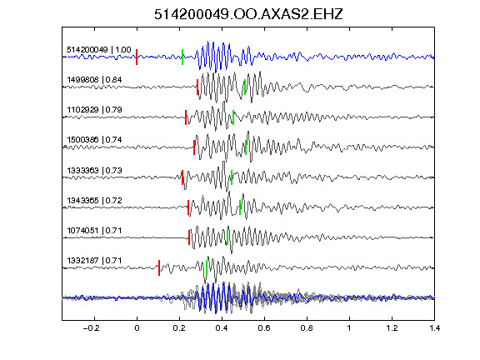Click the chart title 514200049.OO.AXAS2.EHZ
pos(248,14)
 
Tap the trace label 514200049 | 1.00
pos(98,50)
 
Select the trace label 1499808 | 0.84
pos(94,80)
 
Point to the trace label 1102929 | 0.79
pos(94,110)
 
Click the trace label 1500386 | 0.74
pos(94,140)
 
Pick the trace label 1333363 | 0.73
pos(94,170)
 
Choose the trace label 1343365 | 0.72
pos(94,200)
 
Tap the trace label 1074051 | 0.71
pos(94,230)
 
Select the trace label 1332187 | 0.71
pos(94,261)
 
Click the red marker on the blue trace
pos(137,57)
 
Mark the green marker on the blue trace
pos(182,57)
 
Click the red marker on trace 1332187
pos(159,267)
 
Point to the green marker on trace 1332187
pos(207,267)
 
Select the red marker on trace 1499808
pos(197,87)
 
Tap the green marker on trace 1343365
pos(240,207)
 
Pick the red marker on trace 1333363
pos(182,177)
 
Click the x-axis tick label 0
pos(137,328)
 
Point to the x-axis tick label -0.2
pos(91,328)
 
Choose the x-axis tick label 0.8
pos(307,328)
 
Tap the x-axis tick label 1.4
pos(434,328)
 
